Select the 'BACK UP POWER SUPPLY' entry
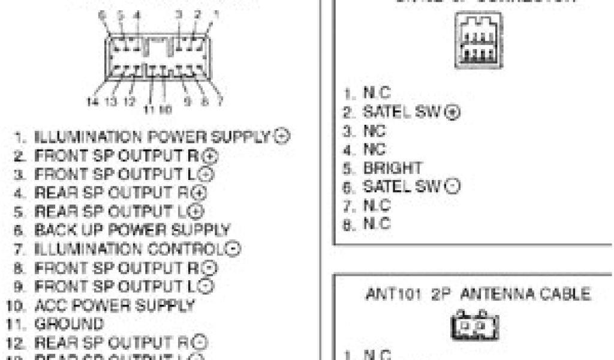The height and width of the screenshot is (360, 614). point(133,230)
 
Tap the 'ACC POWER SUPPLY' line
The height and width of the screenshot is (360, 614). point(115,305)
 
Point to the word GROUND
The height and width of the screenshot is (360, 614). point(69,324)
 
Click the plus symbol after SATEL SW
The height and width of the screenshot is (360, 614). point(454,112)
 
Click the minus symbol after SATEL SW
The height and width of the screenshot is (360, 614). point(454,187)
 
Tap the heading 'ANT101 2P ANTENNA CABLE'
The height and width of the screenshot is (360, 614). point(477,295)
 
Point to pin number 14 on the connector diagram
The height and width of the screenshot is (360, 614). point(92,102)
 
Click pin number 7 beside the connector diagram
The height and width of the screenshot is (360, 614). point(220,101)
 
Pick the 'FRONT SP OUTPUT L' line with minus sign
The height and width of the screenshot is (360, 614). point(119,287)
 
